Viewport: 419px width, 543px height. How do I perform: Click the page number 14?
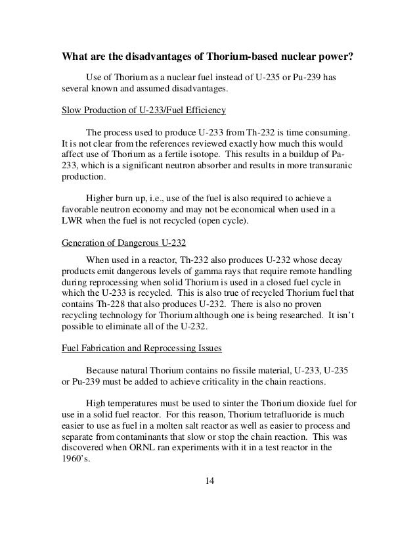point(209,486)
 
